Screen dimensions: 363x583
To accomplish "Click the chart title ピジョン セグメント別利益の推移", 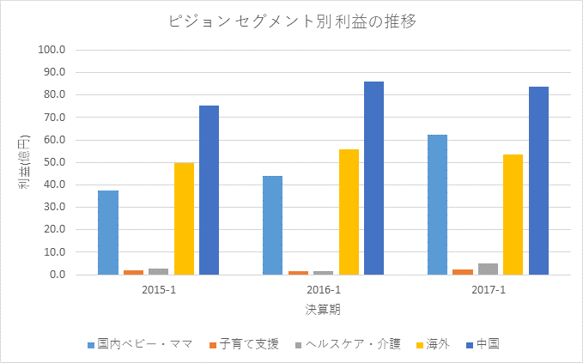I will coord(292,21).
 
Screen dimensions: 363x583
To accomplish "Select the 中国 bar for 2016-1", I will coord(373,178).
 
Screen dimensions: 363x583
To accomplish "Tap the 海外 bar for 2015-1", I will coord(184,219).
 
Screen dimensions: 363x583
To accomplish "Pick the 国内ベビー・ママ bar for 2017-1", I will coord(437,205).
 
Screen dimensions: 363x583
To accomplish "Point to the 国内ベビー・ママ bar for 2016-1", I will coord(272,226).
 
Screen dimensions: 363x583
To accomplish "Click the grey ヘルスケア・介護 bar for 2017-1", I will coord(488,269).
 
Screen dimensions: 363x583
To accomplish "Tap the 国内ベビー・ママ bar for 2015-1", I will coord(108,233).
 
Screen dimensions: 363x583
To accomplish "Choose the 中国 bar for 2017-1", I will coord(538,181).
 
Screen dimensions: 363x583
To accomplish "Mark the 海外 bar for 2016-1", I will coord(349,212).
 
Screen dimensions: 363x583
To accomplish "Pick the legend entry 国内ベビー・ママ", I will coord(144,344).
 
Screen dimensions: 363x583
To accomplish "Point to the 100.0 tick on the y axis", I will coord(52,50).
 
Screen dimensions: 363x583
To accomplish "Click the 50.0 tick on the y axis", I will coord(54,162).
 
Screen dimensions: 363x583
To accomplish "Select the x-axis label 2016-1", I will coord(324,290).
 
